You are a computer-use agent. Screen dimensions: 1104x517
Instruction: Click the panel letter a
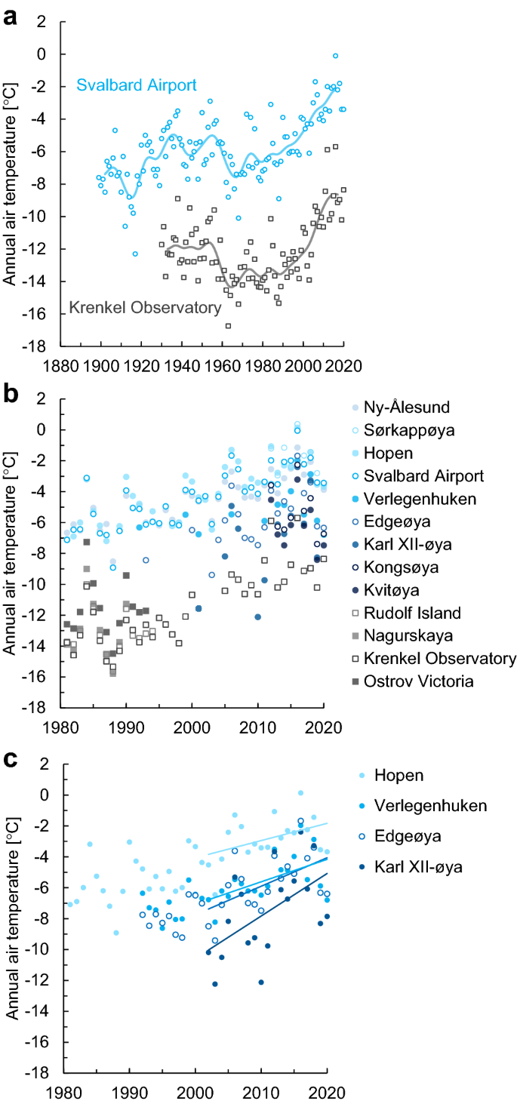coord(10,16)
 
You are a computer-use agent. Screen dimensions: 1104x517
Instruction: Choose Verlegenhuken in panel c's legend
coord(426,806)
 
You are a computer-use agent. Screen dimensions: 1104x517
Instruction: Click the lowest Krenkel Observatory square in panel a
coord(228,326)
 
